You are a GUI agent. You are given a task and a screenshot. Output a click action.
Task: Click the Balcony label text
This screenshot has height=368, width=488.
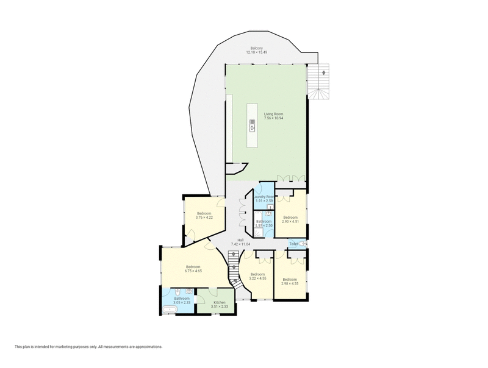257,48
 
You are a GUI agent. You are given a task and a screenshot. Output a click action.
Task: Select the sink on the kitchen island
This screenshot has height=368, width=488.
251,126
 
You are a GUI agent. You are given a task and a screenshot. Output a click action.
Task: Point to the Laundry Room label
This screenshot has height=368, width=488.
264,197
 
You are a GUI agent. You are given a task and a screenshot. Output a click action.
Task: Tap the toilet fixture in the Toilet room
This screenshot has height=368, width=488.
303,244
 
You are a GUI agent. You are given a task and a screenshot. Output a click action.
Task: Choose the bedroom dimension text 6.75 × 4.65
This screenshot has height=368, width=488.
193,271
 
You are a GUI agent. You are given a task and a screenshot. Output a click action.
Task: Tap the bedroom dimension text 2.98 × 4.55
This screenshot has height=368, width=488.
290,283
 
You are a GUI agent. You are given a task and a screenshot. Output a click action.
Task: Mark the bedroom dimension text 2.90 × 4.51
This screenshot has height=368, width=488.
290,221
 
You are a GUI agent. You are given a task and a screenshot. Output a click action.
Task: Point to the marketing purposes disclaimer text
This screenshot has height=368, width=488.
88,347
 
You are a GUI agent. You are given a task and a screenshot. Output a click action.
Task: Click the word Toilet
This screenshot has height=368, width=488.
293,244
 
